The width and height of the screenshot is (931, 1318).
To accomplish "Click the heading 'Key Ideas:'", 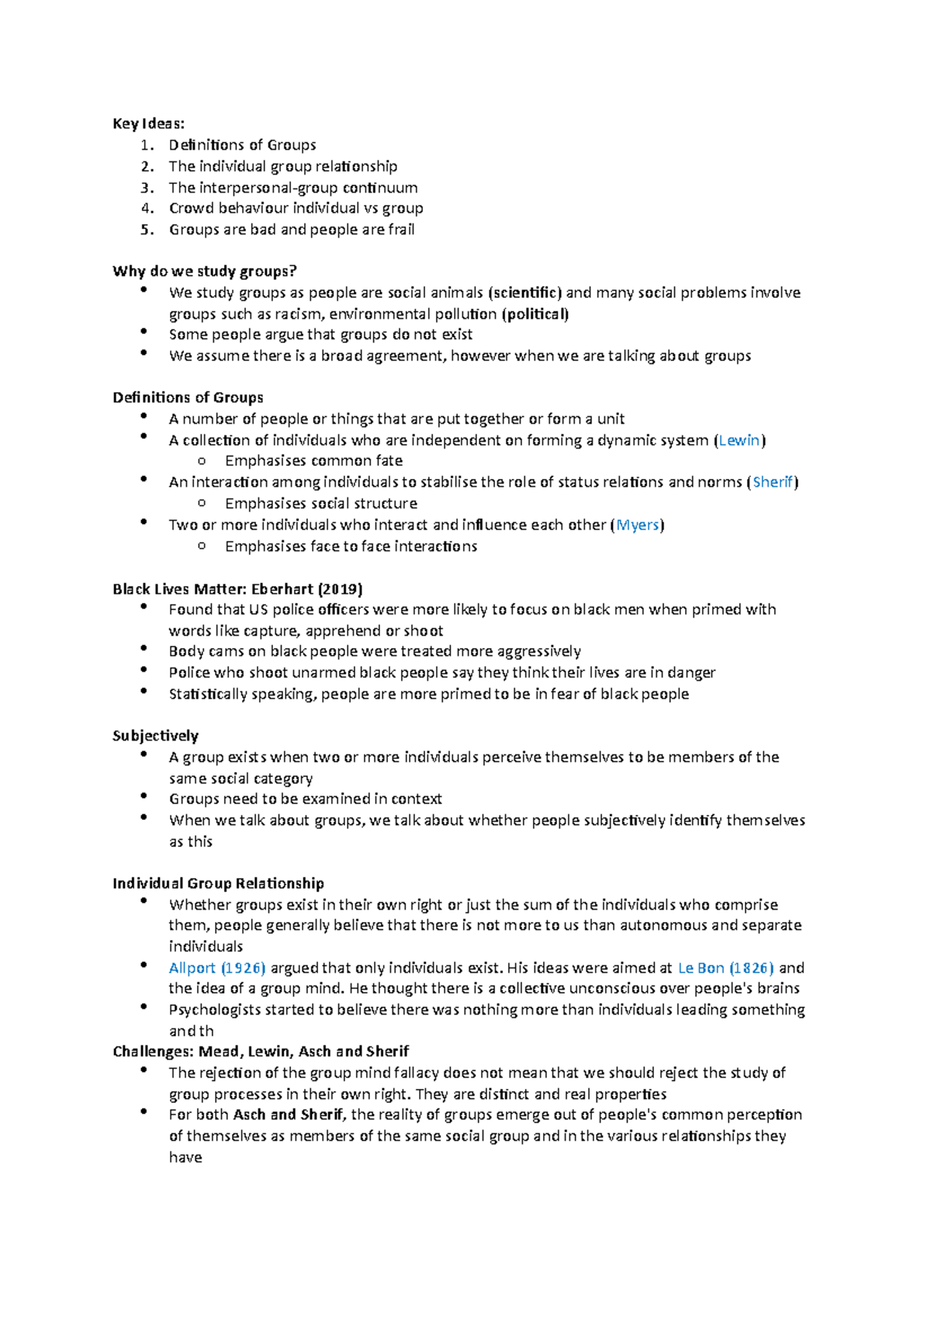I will click(148, 123).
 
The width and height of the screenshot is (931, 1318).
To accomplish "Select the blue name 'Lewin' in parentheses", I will click(739, 440).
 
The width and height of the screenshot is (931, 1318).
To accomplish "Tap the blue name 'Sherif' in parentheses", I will click(773, 482).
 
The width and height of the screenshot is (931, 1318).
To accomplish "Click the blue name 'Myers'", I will click(637, 525).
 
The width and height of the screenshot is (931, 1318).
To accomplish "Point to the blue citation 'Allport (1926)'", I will click(217, 968).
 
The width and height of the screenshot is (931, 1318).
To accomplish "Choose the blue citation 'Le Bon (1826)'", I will click(725, 968).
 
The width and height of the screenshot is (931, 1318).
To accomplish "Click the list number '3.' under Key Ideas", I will click(147, 187).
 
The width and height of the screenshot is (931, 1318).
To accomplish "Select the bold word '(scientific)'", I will click(524, 293).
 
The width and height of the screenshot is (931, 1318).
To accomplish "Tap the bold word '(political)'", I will click(535, 314).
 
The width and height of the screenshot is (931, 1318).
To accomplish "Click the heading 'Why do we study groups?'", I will click(205, 271).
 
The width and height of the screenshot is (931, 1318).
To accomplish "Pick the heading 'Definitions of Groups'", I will click(188, 397).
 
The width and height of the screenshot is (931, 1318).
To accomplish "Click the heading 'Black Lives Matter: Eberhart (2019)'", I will click(237, 588).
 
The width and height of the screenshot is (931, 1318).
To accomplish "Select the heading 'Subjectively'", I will click(155, 735).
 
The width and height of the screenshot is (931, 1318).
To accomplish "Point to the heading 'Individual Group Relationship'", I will click(218, 883).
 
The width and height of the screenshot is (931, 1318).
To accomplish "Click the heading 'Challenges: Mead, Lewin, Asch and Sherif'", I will click(261, 1051).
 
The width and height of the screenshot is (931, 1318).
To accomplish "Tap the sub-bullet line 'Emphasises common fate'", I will click(313, 461).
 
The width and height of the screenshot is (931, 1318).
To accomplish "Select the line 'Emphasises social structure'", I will click(320, 504).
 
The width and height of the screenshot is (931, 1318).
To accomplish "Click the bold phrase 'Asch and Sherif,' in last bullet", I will click(289, 1115).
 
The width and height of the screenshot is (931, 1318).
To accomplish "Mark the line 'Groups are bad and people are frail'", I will click(292, 230).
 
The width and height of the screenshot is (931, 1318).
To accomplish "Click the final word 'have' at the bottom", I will click(185, 1157).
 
